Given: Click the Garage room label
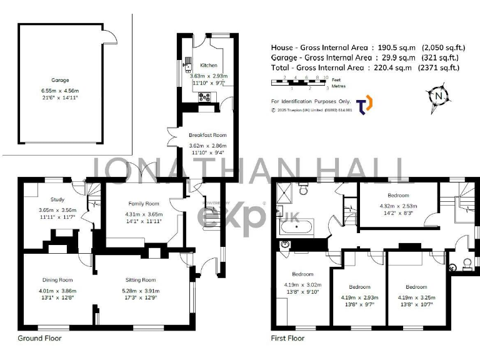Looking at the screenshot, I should pos(61,80).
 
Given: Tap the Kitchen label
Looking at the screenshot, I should pos(209,66).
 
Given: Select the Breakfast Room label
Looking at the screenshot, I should pos(207,135).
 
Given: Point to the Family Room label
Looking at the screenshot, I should pos(144,204).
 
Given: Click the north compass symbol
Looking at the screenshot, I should pos(439,96).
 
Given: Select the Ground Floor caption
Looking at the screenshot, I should pos(39,338).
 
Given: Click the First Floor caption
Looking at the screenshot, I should pos(287,338).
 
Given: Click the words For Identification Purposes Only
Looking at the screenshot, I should pos(309,101).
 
